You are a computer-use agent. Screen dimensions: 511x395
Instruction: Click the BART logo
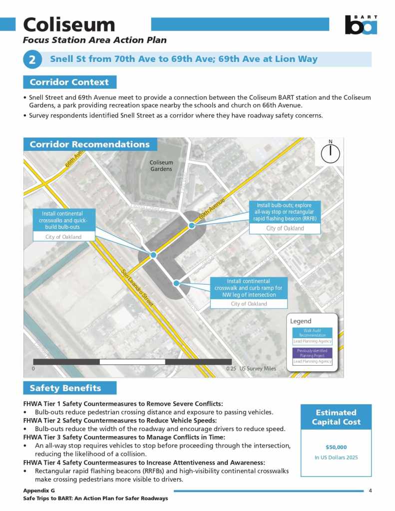point(361,24)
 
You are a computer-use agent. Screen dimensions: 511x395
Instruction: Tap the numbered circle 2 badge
point(32,60)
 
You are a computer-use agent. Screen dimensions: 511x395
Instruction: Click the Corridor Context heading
point(69,82)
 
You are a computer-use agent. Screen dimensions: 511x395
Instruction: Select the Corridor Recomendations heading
point(90,144)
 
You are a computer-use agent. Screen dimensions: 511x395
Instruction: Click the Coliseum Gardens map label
point(161,166)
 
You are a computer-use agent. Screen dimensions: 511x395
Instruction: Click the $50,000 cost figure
point(336,447)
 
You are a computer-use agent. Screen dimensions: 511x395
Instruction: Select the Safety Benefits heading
point(65,388)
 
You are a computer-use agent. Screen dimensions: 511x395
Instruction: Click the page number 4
point(370,491)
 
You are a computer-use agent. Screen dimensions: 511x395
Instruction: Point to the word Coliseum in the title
point(69,24)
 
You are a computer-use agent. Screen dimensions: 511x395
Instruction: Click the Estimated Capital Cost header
point(336,417)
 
